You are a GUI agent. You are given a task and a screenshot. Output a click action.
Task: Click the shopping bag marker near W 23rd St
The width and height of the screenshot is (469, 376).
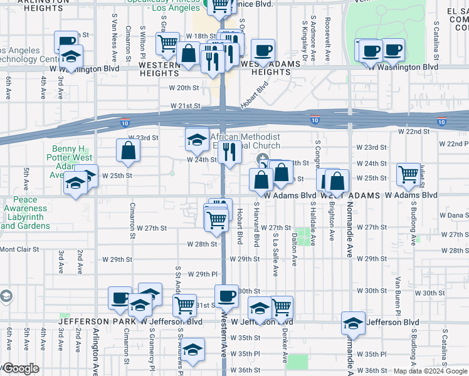128,151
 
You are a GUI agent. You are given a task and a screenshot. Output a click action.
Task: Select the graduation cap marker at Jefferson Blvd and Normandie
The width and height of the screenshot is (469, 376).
353,323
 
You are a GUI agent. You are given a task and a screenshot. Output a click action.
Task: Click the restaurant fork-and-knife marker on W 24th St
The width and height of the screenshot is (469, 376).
229,152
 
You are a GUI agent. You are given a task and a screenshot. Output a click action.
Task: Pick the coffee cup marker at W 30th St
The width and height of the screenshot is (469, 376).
226,296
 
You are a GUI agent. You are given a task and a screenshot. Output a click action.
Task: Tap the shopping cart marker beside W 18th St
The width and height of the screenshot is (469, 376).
167,43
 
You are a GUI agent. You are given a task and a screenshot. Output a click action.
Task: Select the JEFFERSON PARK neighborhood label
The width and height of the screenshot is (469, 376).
97,321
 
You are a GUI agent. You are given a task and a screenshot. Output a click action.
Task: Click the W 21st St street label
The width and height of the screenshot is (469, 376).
184,107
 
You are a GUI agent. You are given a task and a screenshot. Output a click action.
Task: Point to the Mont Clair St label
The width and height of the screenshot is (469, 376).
19,249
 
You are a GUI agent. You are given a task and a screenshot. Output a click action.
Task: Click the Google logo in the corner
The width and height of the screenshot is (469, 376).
20,368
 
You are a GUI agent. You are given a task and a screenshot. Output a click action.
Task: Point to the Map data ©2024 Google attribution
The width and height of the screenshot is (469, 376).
430,371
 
